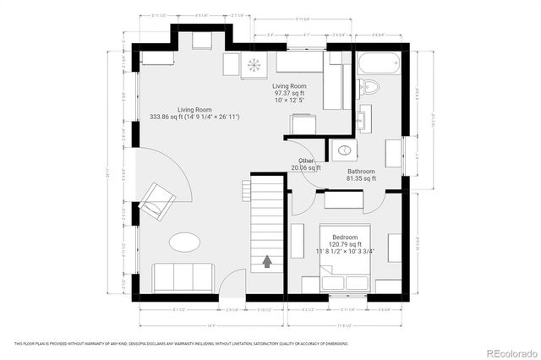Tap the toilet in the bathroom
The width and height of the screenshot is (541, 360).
[369, 87]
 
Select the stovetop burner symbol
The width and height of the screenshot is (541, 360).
[254, 65]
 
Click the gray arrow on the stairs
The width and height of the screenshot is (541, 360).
[267, 262]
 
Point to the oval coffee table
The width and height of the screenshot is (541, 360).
[183, 243]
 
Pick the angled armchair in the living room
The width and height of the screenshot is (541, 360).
[157, 201]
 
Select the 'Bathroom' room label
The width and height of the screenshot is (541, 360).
[361, 171]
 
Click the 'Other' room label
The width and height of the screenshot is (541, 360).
[306, 161]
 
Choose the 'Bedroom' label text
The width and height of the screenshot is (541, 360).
[344, 237]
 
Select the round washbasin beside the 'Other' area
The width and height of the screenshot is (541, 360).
[344, 150]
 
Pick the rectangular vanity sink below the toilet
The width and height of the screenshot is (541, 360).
[363, 119]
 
